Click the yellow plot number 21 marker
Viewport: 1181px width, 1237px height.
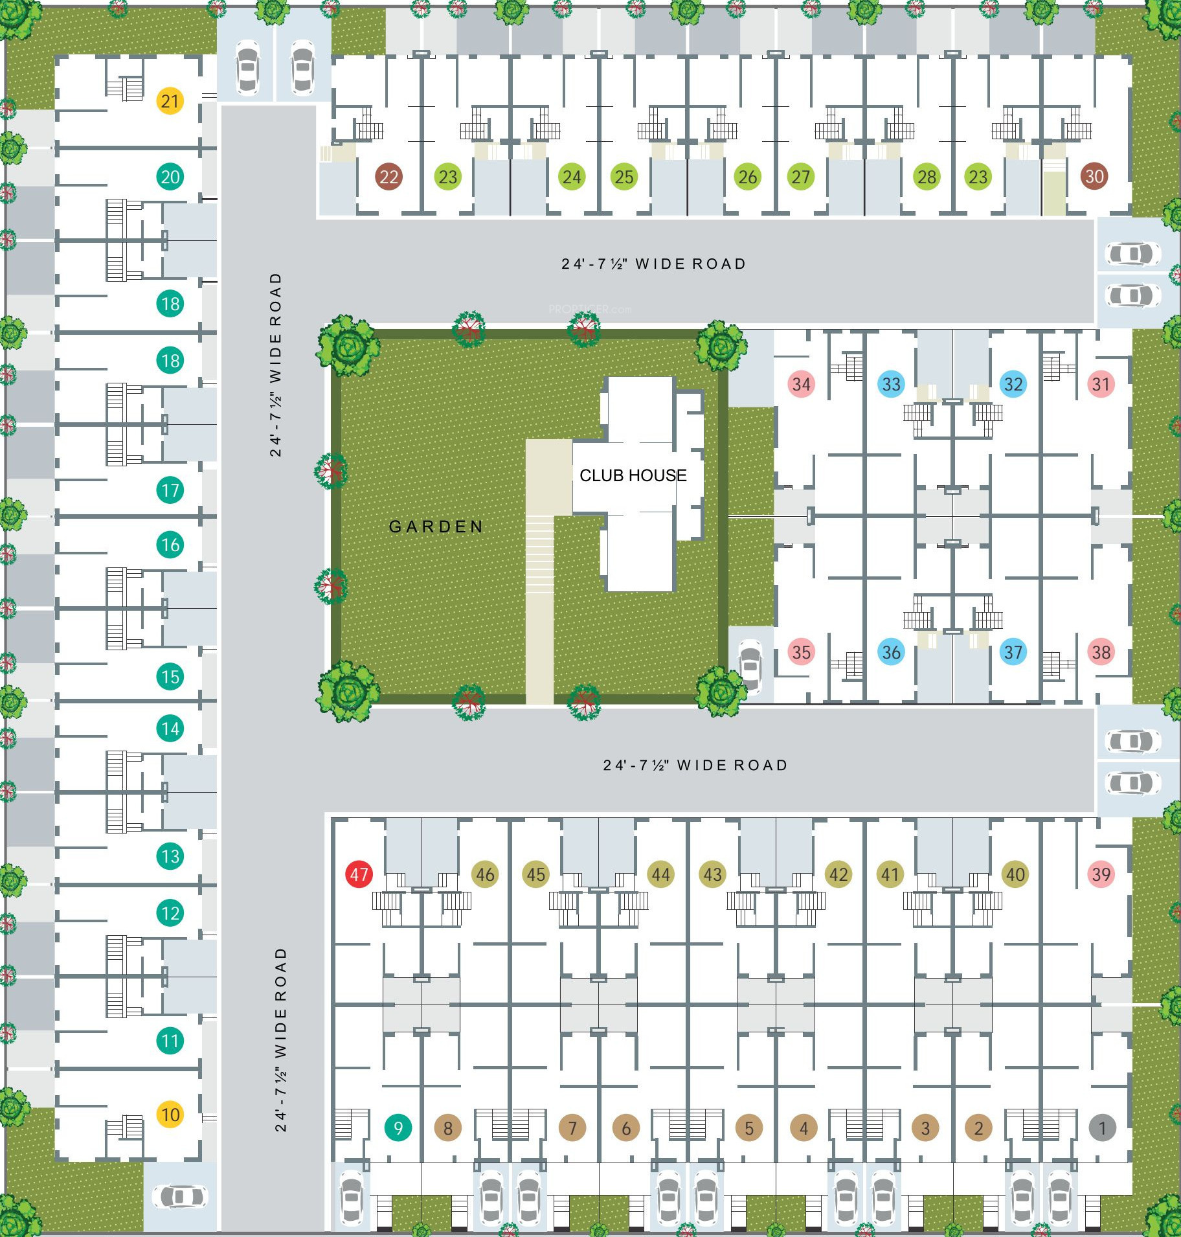click(x=170, y=101)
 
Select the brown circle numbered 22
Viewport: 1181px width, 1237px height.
click(x=388, y=177)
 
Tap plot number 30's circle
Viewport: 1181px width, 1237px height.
click(x=1094, y=176)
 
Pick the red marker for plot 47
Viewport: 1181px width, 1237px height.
click(x=359, y=874)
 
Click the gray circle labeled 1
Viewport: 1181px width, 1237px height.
click(x=1102, y=1128)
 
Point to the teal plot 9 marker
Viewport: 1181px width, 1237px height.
click(x=398, y=1128)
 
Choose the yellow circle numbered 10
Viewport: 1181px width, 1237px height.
click(x=170, y=1115)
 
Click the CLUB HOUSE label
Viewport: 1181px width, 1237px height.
click(x=633, y=475)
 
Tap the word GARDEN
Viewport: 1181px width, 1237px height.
click(x=436, y=527)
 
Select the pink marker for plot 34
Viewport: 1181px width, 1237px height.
click(x=801, y=384)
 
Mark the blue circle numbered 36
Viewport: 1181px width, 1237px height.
click(x=891, y=652)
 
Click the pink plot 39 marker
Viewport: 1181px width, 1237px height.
click(x=1101, y=874)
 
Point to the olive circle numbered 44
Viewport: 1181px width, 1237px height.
click(x=660, y=874)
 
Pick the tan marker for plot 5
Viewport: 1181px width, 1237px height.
click(x=749, y=1128)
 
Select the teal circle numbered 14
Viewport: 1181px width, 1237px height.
click(x=170, y=729)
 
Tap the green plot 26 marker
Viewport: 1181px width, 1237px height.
click(x=748, y=177)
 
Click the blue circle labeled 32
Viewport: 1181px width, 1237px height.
click(x=1013, y=384)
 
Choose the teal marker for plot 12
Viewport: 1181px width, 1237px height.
click(x=170, y=913)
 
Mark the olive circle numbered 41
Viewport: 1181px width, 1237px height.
click(x=890, y=874)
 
